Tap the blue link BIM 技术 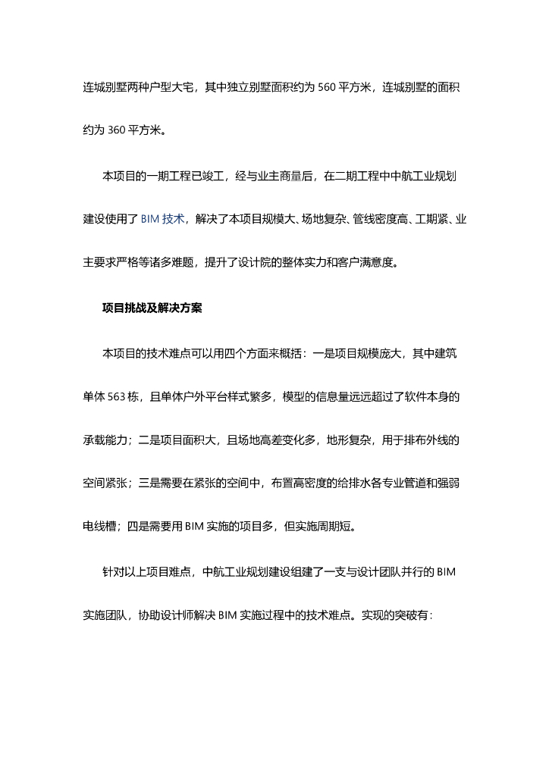coord(163,219)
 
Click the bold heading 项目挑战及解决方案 coord(152,308)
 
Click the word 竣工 coord(206,177)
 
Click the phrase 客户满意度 coord(394,264)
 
